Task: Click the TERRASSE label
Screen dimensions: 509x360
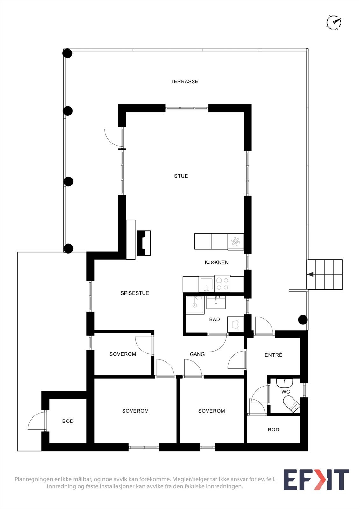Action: click(184, 81)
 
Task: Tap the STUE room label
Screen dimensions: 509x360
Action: click(181, 176)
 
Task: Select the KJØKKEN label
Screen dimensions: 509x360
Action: click(216, 262)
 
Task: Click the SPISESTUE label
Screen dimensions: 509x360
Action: click(135, 293)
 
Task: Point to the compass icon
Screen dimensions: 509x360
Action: click(334, 22)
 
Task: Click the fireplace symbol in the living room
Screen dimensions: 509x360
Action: click(143, 243)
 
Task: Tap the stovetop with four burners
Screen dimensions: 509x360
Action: click(222, 283)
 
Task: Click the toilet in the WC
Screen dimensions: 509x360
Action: click(292, 404)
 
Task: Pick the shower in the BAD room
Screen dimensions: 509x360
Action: click(195, 305)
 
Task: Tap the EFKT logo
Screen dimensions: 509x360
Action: click(316, 479)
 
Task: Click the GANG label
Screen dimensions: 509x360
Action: click(197, 354)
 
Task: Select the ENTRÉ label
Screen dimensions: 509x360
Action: click(273, 355)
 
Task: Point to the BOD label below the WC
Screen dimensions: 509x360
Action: click(273, 429)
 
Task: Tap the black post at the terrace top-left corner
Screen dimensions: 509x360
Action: click(67, 53)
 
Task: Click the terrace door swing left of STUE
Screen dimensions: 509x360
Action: click(113, 137)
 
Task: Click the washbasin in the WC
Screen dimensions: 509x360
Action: click(285, 382)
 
